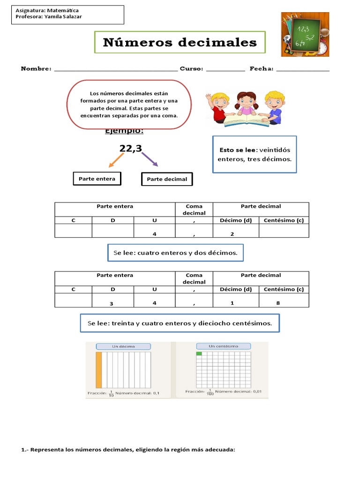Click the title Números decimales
(x=180, y=43)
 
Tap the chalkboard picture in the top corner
(x=305, y=34)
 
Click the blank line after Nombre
(x=116, y=69)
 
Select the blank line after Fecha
(x=303, y=69)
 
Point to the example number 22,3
(x=130, y=149)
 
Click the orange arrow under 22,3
(x=117, y=160)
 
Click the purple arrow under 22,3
(x=150, y=159)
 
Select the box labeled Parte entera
(x=97, y=179)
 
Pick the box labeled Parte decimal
(x=167, y=179)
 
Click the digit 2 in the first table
(x=232, y=234)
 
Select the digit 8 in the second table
(x=278, y=303)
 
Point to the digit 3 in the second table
(x=112, y=304)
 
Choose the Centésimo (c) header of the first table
(x=284, y=220)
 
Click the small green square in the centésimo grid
(x=199, y=354)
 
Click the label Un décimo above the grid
(x=123, y=346)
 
